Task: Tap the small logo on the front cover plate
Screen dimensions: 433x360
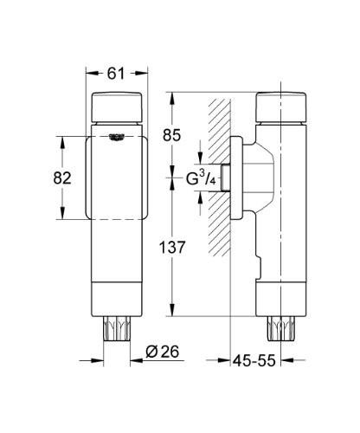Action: pyautogui.click(x=116, y=137)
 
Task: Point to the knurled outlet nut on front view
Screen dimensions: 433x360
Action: pyautogui.click(x=116, y=330)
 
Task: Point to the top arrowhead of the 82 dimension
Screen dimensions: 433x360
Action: pyautogui.click(x=61, y=138)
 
